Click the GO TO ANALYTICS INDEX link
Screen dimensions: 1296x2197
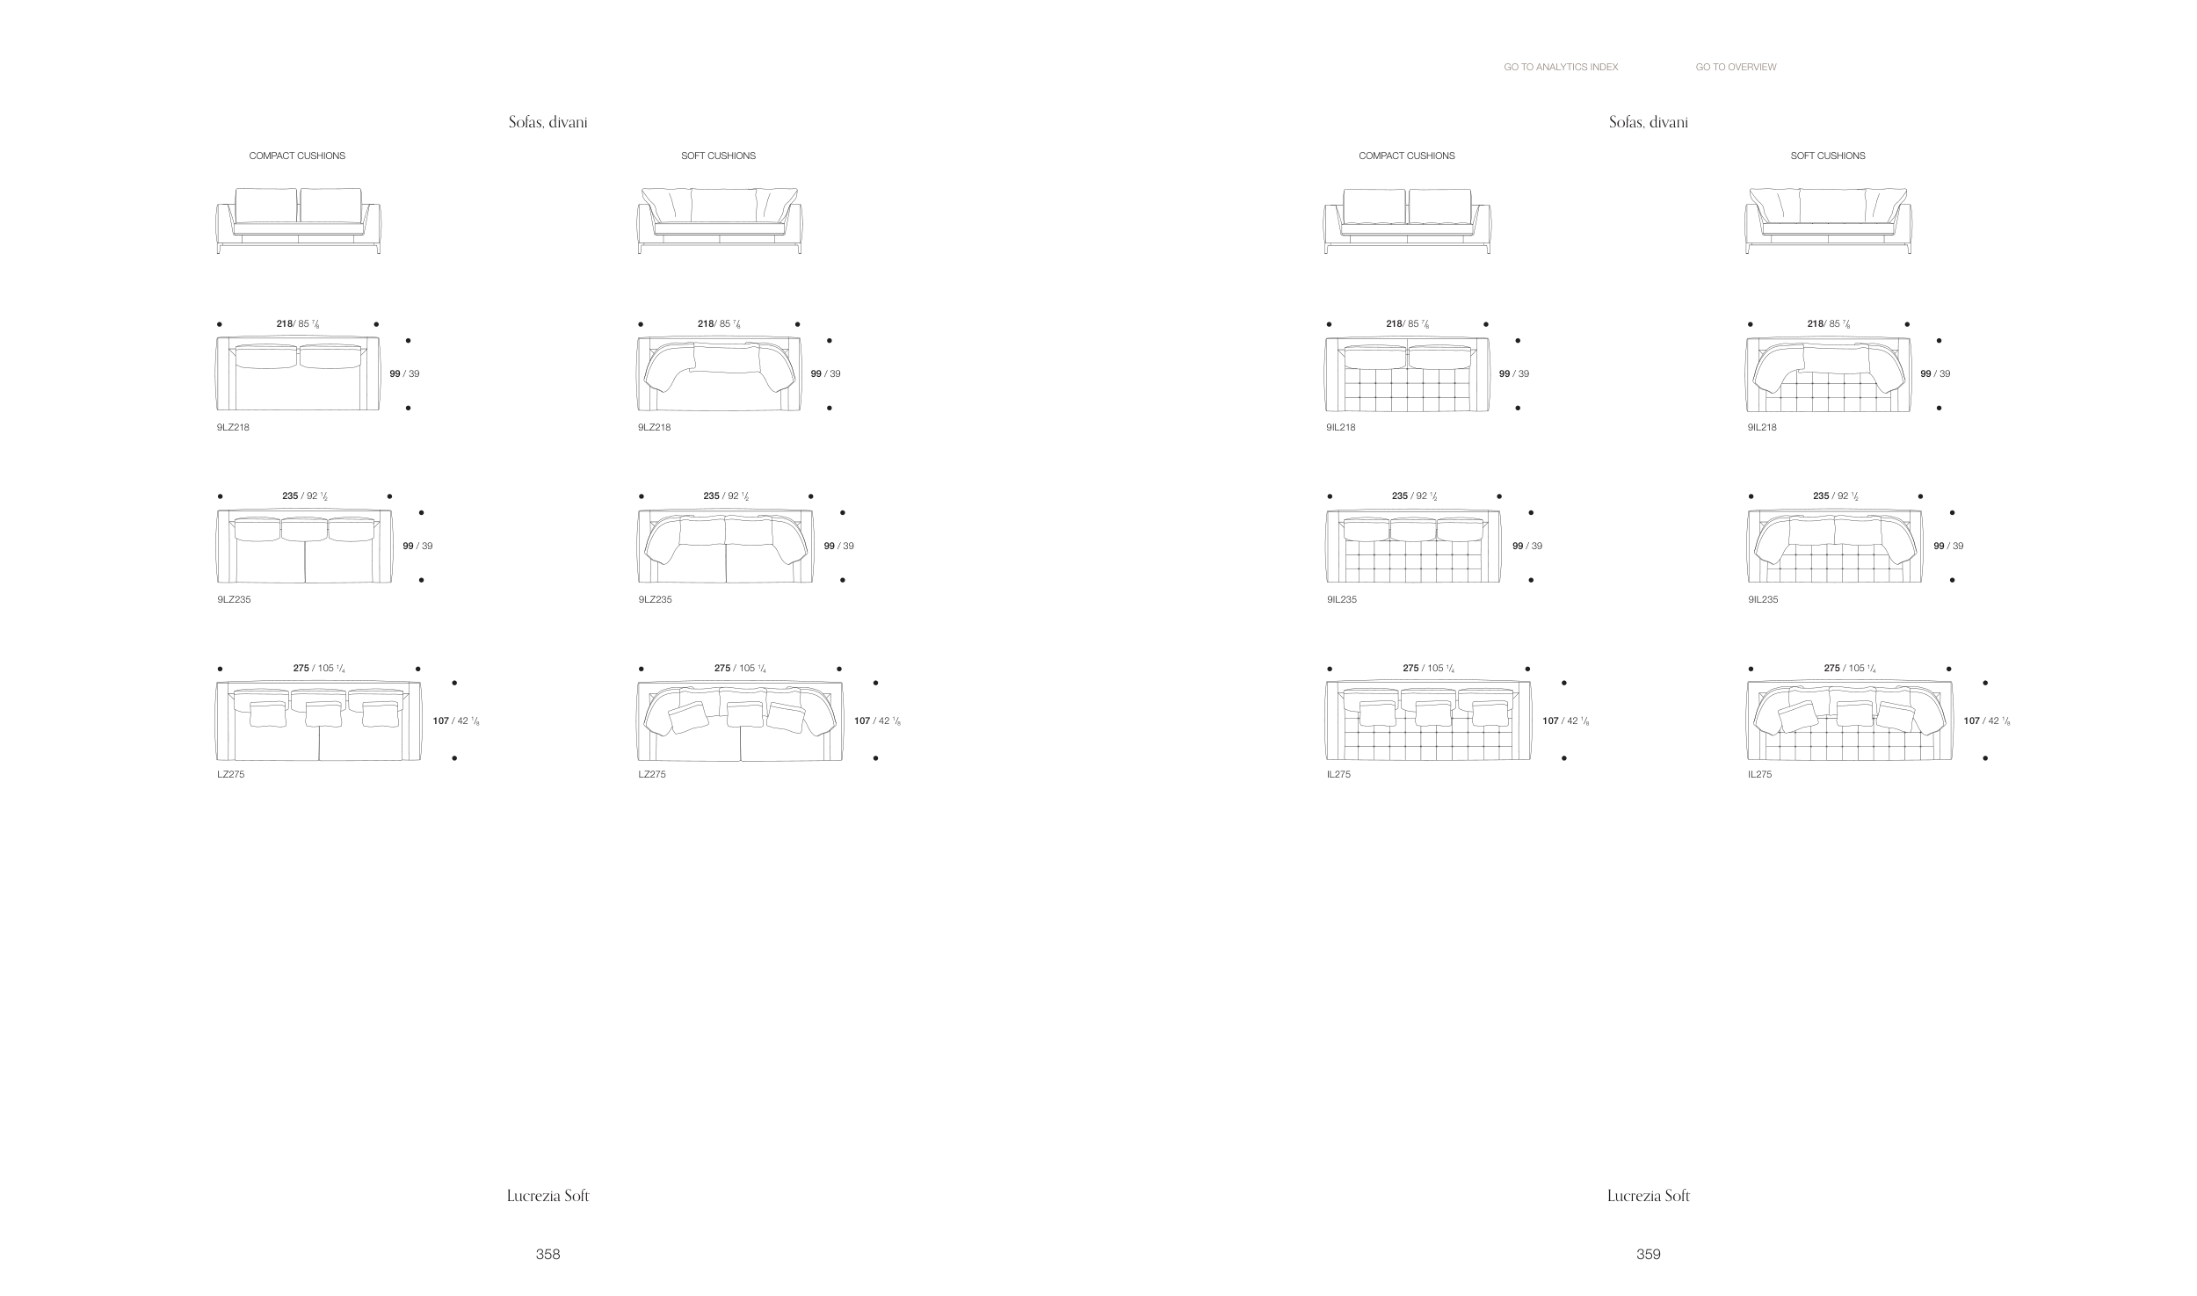point(1560,67)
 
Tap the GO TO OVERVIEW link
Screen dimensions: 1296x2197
point(1736,67)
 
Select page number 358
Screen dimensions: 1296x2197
point(547,1254)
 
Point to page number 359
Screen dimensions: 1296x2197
point(1648,1254)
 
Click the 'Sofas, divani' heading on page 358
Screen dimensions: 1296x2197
point(547,122)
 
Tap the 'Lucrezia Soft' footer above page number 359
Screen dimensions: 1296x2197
point(1648,1196)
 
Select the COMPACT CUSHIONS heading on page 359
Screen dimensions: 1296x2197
point(1406,156)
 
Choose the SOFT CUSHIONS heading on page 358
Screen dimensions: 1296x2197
point(718,156)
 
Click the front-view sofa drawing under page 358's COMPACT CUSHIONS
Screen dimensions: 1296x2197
point(299,221)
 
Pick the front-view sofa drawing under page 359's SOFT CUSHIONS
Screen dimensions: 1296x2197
point(1828,221)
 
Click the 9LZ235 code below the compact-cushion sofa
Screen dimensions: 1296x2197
point(234,599)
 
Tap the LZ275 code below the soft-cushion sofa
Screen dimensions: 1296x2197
point(652,774)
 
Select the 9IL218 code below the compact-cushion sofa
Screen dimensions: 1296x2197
point(1341,427)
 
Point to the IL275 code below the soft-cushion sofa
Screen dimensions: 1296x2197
point(1759,774)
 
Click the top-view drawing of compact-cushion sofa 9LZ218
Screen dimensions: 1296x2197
point(298,373)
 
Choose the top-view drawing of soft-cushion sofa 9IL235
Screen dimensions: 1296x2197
point(1834,546)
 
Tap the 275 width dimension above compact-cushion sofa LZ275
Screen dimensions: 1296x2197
point(301,668)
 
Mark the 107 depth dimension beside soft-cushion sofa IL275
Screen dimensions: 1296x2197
point(1972,720)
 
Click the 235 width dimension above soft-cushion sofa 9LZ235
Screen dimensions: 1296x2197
point(712,496)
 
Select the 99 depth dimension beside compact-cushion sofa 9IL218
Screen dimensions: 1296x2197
point(1505,373)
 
